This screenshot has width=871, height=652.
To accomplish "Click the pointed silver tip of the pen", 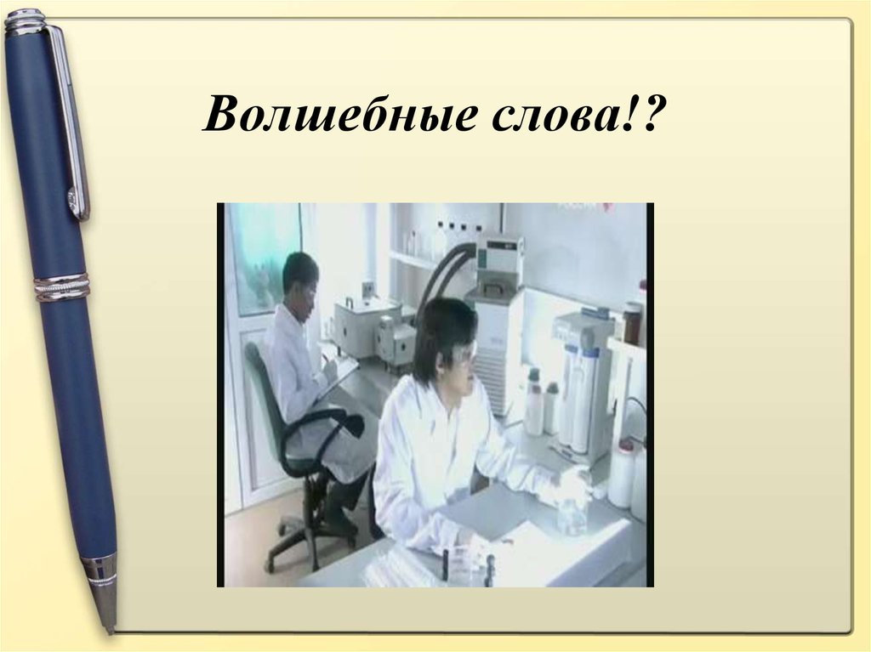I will [107, 613].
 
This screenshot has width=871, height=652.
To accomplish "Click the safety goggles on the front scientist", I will [463, 354].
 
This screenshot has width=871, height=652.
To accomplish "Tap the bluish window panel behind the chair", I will [263, 255].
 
